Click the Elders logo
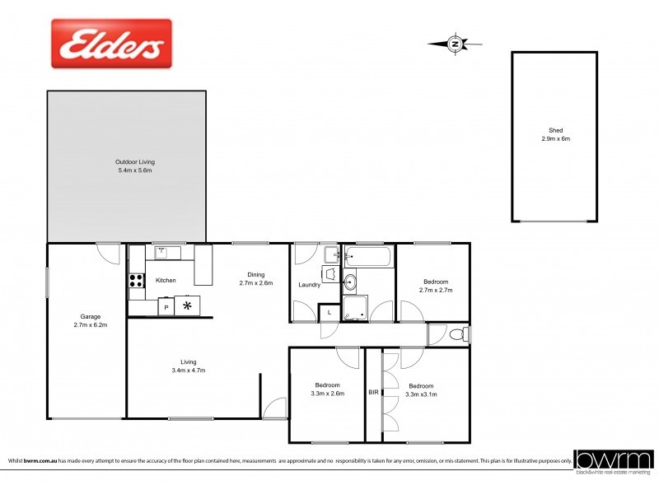click(112, 44)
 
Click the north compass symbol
click(455, 44)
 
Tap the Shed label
click(555, 131)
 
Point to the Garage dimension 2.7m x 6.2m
click(91, 325)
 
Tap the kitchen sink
click(163, 252)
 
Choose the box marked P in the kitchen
click(166, 307)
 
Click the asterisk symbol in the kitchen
click(187, 306)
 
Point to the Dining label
click(255, 275)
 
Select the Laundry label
click(310, 285)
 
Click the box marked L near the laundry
click(329, 313)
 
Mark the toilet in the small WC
click(460, 334)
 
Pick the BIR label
click(373, 393)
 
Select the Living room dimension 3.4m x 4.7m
click(189, 370)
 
